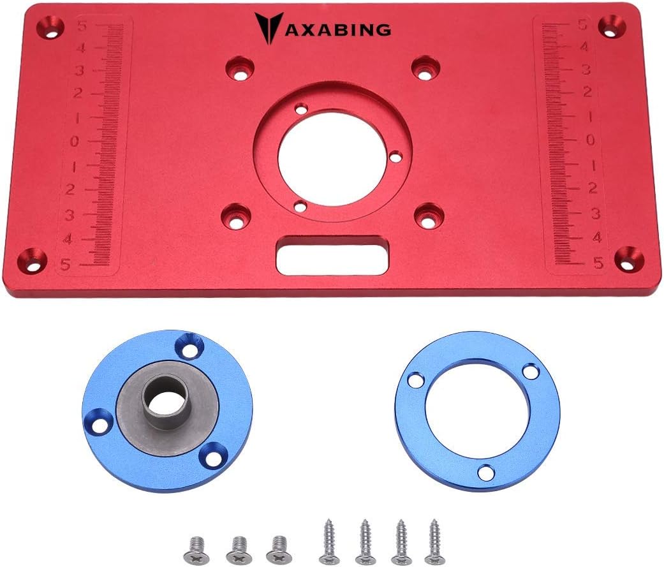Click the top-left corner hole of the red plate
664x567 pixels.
(50, 27)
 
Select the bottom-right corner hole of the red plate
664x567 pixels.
(628, 258)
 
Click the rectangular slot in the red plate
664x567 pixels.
(332, 254)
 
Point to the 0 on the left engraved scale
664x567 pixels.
(75, 141)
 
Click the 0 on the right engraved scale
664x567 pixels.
(590, 140)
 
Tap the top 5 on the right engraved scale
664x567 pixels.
(582, 26)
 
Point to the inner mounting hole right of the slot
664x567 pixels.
(428, 216)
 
